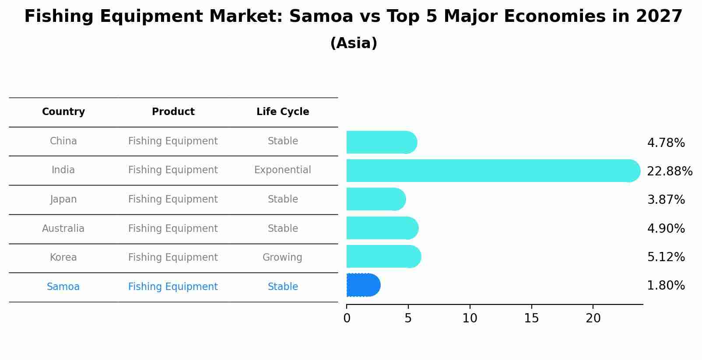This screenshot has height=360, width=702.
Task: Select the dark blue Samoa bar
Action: (x=363, y=285)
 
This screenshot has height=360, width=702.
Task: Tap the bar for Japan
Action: (x=376, y=199)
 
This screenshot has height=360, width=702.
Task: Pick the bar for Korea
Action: (x=383, y=257)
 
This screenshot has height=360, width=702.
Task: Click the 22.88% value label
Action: (x=669, y=171)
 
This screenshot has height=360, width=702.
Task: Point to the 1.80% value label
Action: (x=666, y=286)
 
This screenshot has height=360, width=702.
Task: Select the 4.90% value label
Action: (x=666, y=228)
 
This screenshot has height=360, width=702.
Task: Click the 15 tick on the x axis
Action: (x=531, y=318)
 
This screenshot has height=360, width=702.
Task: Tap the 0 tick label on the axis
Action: (x=347, y=318)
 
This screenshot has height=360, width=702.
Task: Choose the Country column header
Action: (x=63, y=112)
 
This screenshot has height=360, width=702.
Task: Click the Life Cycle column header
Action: (x=283, y=112)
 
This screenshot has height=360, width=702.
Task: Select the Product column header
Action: (x=173, y=112)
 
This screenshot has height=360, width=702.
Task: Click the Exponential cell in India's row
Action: (x=282, y=170)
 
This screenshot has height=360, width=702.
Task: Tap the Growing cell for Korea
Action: (x=282, y=258)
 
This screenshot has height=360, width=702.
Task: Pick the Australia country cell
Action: (x=63, y=229)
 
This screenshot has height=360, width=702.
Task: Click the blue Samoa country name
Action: (x=63, y=287)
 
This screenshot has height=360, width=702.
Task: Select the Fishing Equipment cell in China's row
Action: (x=173, y=141)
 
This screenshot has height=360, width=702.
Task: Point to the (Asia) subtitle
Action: (x=354, y=43)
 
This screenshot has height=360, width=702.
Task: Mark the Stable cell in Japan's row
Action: (x=283, y=199)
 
